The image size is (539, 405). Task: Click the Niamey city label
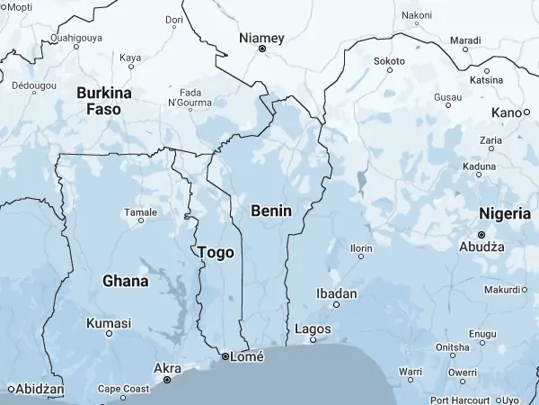(261, 38)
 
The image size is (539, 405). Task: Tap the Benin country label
(271, 210)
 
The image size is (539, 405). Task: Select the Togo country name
(216, 253)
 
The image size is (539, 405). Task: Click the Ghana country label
(125, 281)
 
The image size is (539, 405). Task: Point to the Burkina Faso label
(104, 101)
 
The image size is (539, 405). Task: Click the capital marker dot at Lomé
(225, 357)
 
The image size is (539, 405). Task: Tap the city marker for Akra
(167, 381)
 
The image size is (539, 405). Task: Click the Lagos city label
(313, 329)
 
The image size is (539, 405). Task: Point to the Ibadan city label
(338, 293)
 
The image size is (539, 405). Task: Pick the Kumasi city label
(108, 323)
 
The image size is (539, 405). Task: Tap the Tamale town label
(140, 212)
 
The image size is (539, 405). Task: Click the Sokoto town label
(389, 60)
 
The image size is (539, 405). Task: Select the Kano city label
(506, 112)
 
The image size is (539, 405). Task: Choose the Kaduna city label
(479, 166)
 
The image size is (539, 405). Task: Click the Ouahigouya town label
(76, 38)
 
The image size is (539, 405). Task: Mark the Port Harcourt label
(464, 399)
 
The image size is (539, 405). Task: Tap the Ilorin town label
(361, 247)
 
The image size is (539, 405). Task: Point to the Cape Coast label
(123, 389)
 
